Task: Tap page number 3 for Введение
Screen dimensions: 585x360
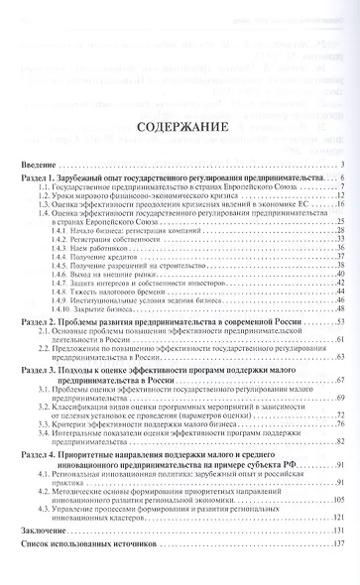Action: coord(339,164)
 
